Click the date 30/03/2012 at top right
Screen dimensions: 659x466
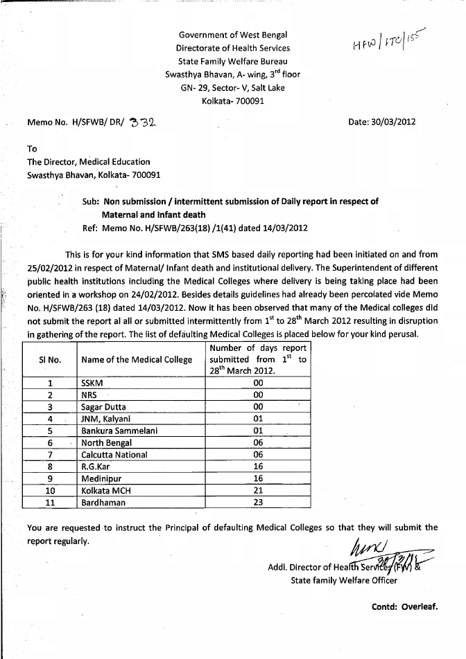pyautogui.click(x=384, y=122)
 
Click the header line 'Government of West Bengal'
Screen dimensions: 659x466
pyautogui.click(x=232, y=35)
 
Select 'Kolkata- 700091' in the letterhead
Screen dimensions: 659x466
pyautogui.click(x=232, y=101)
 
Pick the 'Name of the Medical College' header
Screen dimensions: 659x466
pyautogui.click(x=137, y=359)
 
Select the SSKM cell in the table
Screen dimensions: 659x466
pyautogui.click(x=93, y=382)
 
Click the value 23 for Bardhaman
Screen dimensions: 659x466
pyautogui.click(x=258, y=503)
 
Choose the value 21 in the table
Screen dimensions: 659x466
pyautogui.click(x=258, y=491)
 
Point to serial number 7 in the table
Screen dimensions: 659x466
pyautogui.click(x=50, y=455)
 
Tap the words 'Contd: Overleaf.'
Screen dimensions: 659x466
pyautogui.click(x=405, y=606)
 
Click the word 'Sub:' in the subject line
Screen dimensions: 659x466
pyautogui.click(x=90, y=202)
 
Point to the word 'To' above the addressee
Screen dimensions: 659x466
pyautogui.click(x=32, y=149)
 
